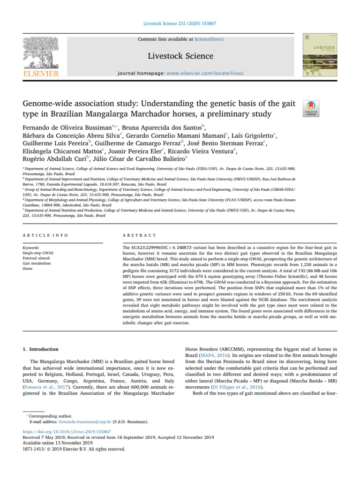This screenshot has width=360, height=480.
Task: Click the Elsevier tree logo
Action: [x=42, y=52]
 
